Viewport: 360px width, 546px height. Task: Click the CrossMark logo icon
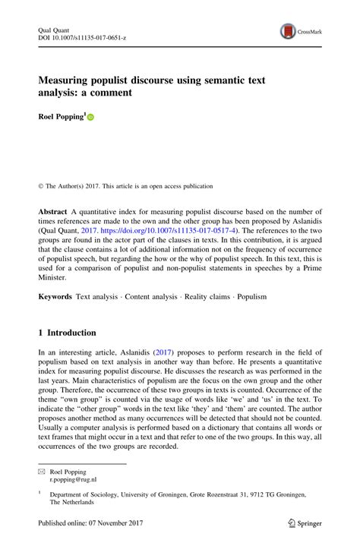coord(289,31)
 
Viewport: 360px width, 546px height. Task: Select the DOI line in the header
coord(81,36)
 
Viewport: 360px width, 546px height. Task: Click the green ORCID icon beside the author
coord(91,118)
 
